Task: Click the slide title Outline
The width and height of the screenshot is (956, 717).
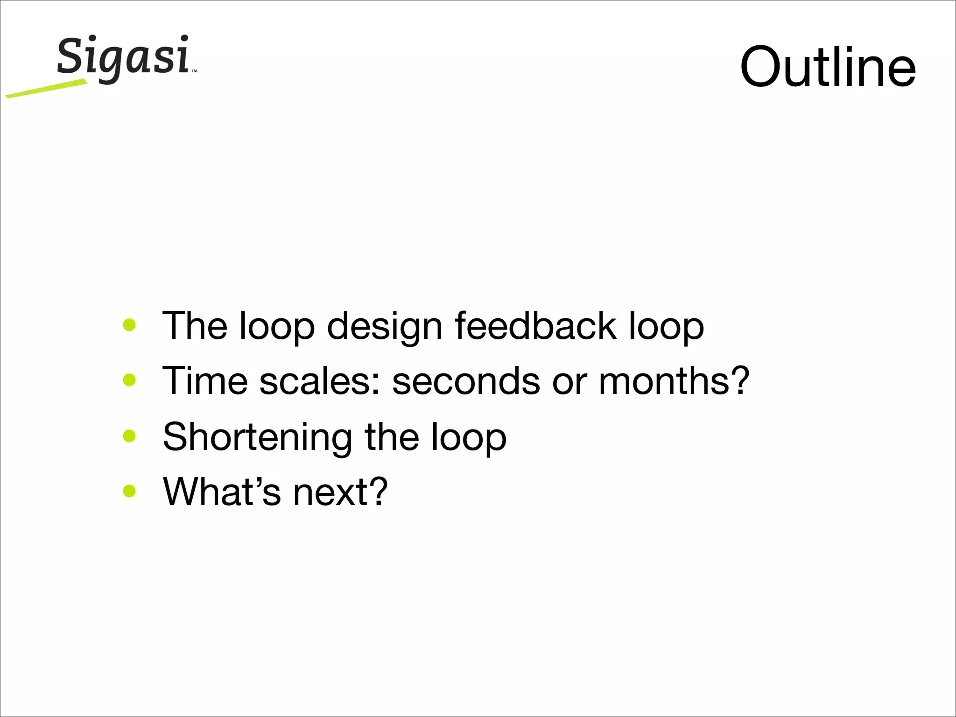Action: tap(828, 67)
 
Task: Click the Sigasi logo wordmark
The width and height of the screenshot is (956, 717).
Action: tap(123, 57)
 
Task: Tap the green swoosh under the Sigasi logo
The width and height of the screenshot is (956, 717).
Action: tap(47, 89)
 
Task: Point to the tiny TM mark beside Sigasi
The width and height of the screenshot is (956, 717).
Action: tap(194, 71)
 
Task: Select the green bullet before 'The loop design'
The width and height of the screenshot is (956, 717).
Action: tap(129, 325)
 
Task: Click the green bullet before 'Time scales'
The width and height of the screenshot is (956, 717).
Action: tap(129, 380)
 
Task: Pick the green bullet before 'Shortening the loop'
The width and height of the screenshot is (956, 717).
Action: tap(129, 436)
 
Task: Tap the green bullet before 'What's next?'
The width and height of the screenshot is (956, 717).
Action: tap(129, 491)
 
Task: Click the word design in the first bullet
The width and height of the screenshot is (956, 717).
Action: tap(384, 327)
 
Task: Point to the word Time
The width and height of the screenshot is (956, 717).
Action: tap(204, 380)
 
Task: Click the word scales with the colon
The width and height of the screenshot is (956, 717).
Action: tap(320, 380)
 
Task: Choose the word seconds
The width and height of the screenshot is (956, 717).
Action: tap(466, 381)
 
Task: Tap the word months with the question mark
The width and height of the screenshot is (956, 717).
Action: tap(674, 380)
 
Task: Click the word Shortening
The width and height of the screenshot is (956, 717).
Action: tap(257, 437)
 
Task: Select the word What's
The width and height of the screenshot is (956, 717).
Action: tap(222, 491)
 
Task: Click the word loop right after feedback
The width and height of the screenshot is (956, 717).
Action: tap(666, 327)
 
